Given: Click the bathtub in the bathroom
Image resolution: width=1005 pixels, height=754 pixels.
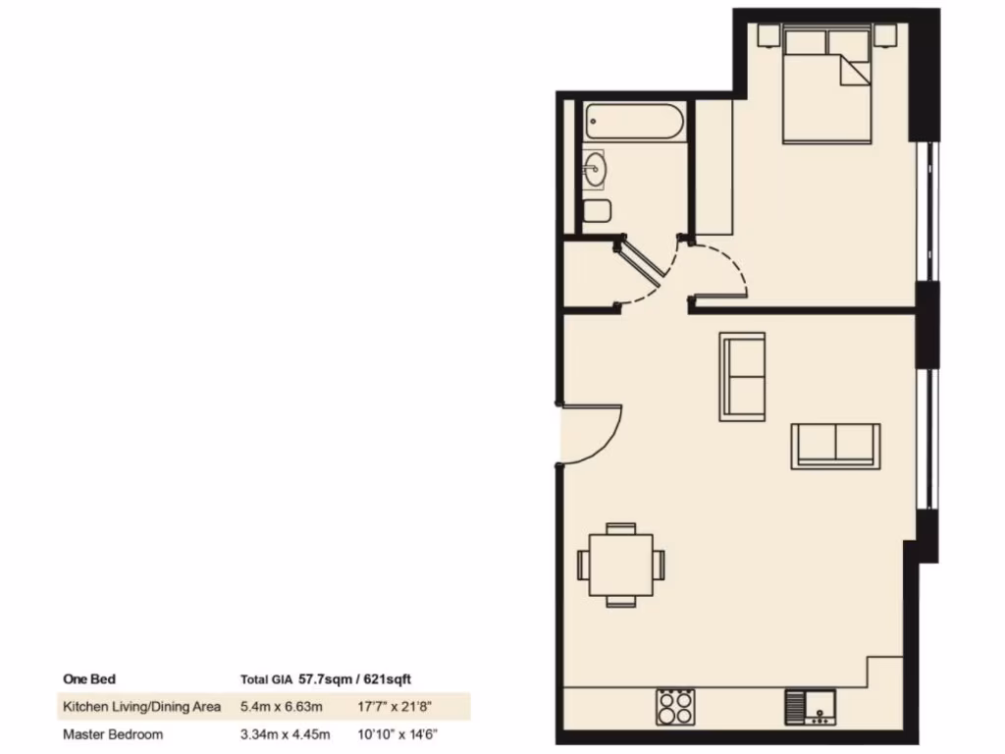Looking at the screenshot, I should pos(633,123).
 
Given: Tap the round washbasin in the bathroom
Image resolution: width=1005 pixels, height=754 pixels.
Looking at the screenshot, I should pos(594,170).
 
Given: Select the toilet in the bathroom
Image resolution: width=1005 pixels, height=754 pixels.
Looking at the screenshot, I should pos(596,210).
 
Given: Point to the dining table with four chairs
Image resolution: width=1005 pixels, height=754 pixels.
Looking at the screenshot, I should pos(620,565).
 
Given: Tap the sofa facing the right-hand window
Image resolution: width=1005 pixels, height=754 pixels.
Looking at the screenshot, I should pos(835,446).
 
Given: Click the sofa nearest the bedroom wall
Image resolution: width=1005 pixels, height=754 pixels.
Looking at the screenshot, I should pos(742,377).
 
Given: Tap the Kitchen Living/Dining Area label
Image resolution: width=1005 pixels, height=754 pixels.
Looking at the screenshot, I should pos(141,706).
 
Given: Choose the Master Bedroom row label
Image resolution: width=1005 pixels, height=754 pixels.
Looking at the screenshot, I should pos(113,733).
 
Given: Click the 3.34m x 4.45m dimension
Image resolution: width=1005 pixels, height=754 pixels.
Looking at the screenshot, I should pos(284,733).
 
